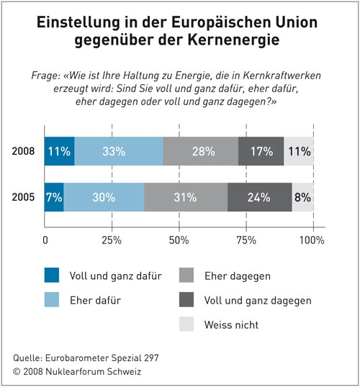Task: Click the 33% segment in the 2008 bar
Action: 119,151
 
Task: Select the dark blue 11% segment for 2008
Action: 60,151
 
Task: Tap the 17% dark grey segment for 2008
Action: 261,151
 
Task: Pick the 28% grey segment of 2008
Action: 201,151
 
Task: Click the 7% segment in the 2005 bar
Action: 54,197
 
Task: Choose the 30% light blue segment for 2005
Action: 104,197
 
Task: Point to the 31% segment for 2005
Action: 186,197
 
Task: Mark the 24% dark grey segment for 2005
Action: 260,197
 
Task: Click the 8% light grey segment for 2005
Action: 302,197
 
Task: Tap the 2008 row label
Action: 23,151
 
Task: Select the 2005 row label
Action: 23,197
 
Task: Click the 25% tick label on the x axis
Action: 112,240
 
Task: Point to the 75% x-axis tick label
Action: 246,240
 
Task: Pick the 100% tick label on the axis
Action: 312,240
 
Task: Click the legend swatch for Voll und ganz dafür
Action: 52,275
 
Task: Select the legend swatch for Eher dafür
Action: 52,299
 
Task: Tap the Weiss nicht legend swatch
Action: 186,324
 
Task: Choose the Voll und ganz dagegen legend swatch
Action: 186,299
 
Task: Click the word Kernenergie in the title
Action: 233,40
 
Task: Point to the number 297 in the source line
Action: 151,358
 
